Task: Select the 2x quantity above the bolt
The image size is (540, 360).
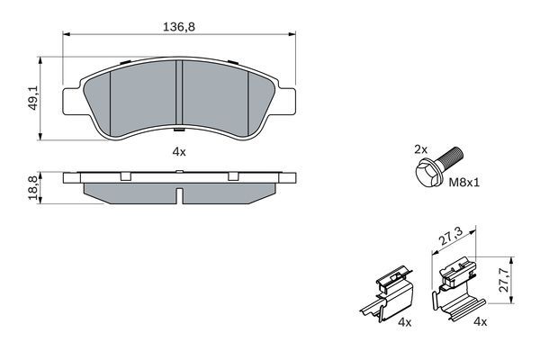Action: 419,147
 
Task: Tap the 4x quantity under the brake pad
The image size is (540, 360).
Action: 178,152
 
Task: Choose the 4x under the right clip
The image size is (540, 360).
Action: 481,322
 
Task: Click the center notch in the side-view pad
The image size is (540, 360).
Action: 180,193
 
